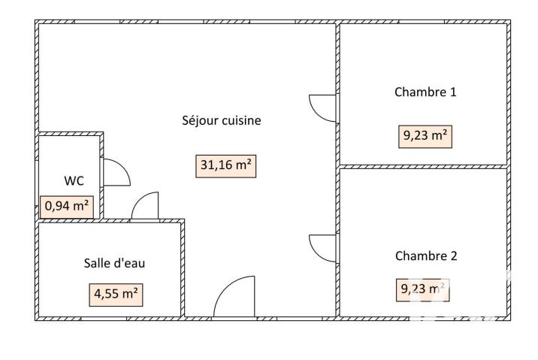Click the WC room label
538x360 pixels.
74,180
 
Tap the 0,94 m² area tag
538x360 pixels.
68,205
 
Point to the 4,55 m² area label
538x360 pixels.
117,293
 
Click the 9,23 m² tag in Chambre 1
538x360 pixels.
426,136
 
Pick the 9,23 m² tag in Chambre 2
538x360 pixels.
423,289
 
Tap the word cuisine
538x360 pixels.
240,120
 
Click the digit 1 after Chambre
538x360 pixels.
453,92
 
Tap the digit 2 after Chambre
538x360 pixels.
453,256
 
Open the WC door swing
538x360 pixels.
116,173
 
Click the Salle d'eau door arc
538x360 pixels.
146,206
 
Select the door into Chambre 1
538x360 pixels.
323,107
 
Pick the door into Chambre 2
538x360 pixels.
323,247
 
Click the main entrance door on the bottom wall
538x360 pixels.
234,298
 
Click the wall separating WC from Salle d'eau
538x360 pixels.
71,220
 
